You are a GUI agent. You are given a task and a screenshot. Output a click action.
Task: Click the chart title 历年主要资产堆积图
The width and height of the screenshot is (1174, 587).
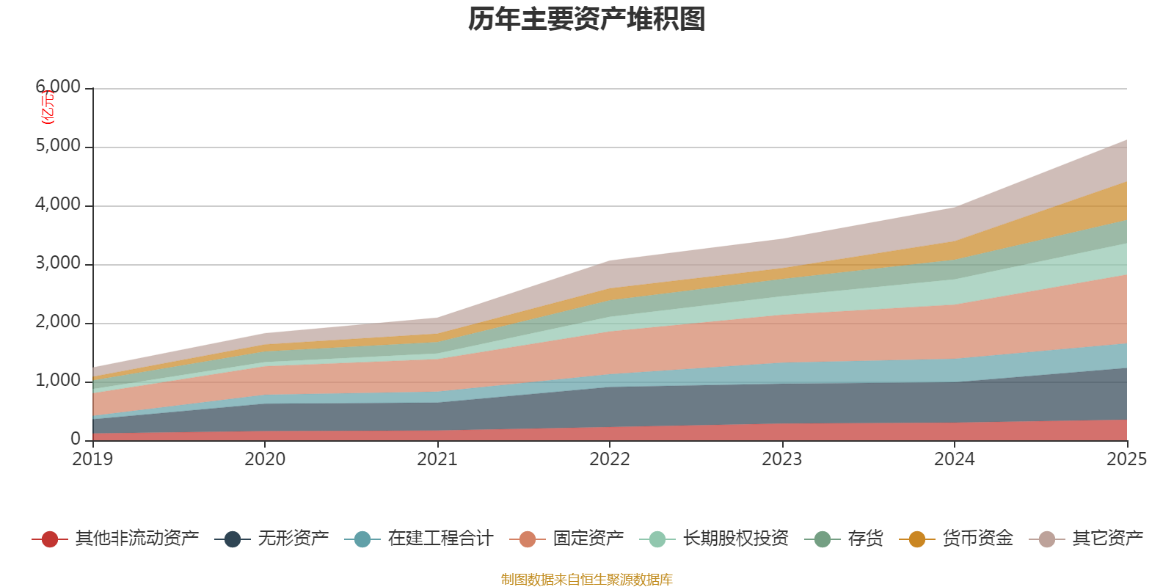[587, 20]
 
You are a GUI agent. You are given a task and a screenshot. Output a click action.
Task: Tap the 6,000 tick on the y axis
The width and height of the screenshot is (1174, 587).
[58, 87]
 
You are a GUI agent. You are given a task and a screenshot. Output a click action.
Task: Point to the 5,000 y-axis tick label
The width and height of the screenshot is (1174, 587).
[58, 146]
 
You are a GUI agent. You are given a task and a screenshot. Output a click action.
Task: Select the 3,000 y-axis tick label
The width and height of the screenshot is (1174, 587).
[58, 263]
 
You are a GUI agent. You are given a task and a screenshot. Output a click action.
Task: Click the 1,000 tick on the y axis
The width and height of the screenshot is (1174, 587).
[58, 381]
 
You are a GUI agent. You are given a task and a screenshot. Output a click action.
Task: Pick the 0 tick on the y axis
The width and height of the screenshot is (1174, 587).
[76, 439]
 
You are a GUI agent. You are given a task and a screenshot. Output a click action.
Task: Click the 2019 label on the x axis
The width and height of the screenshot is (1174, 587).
[92, 459]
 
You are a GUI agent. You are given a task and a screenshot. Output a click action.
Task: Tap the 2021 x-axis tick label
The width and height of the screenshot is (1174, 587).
[437, 459]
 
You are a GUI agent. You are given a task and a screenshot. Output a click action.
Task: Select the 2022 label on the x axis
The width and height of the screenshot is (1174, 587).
[610, 459]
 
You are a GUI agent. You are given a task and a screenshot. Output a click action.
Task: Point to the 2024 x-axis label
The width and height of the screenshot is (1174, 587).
[954, 459]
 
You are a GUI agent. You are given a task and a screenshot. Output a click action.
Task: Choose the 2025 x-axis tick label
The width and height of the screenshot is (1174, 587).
[1126, 459]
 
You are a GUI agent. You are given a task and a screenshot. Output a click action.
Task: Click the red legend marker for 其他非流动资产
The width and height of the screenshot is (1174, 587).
[50, 539]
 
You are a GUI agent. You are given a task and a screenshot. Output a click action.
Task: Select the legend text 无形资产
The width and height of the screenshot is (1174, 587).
[293, 539]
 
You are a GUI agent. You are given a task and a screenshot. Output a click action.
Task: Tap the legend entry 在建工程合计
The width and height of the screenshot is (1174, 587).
[440, 539]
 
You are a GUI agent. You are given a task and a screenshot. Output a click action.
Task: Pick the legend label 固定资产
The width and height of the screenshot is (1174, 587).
[588, 539]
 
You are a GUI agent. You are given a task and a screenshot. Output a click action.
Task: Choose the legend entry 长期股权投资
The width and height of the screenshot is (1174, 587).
[735, 539]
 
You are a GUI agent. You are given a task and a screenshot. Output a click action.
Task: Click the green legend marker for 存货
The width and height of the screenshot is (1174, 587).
[822, 539]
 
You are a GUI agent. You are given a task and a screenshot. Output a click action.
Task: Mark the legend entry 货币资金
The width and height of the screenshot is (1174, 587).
[977, 539]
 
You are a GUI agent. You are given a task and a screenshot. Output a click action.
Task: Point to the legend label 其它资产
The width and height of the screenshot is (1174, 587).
[1107, 539]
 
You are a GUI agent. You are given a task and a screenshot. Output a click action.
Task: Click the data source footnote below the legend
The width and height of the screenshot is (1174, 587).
[587, 580]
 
